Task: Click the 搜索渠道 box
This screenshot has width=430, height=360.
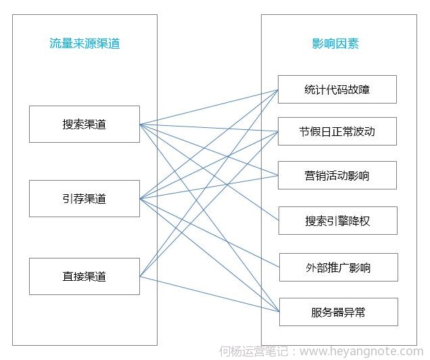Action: (85, 124)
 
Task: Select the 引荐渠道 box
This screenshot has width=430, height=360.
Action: (85, 199)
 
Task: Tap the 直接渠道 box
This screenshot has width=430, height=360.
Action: (85, 276)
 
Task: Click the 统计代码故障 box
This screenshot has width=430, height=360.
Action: (337, 89)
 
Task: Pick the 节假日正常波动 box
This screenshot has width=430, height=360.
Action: (337, 131)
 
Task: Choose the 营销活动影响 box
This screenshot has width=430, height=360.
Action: (337, 176)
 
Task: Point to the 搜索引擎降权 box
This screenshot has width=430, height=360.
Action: (337, 221)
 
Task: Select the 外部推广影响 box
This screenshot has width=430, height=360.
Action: (337, 267)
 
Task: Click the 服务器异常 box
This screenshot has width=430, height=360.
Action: (337, 312)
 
